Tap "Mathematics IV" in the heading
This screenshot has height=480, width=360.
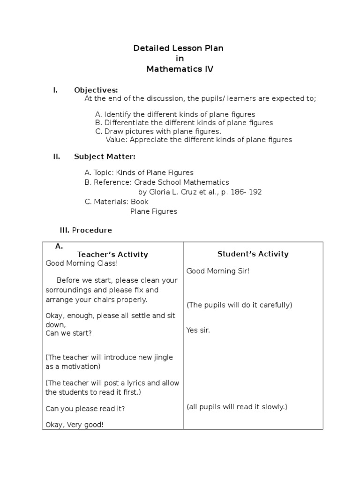pyautogui.click(x=180, y=69)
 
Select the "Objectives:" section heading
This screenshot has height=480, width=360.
pyautogui.click(x=96, y=90)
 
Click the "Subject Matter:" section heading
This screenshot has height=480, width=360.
pyautogui.click(x=105, y=157)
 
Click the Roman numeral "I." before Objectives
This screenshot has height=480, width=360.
pyautogui.click(x=55, y=90)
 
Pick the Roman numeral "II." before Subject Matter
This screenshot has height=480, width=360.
pyautogui.click(x=56, y=157)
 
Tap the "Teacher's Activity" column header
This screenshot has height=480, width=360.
pyautogui.click(x=112, y=255)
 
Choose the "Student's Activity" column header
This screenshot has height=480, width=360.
pyautogui.click(x=253, y=254)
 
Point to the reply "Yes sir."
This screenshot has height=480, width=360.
pyautogui.click(x=198, y=330)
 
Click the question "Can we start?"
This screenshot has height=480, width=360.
pyautogui.click(x=68, y=333)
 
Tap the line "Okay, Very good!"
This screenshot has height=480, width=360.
pyautogui.click(x=75, y=425)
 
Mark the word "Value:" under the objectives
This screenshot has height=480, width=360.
pyautogui.click(x=116, y=139)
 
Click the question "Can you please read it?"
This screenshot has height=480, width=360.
pyautogui.click(x=85, y=408)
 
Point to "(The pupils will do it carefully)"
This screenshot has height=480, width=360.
pyautogui.click(x=239, y=305)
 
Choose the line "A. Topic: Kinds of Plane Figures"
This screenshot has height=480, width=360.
pyautogui.click(x=139, y=172)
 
